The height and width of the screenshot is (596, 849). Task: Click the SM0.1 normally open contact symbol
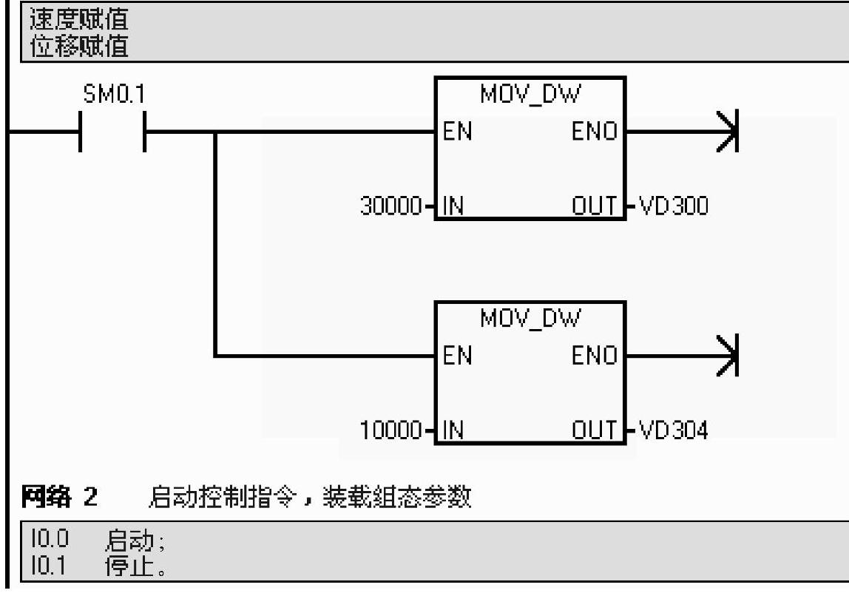(112, 133)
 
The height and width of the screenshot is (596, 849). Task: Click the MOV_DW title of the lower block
(530, 319)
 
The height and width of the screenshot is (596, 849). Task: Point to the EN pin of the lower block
(457, 357)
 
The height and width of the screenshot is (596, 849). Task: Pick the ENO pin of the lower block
(595, 357)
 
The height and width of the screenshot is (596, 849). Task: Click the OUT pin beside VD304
(595, 431)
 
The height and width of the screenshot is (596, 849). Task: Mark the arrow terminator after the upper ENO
(728, 133)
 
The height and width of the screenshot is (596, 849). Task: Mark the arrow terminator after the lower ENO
(728, 357)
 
